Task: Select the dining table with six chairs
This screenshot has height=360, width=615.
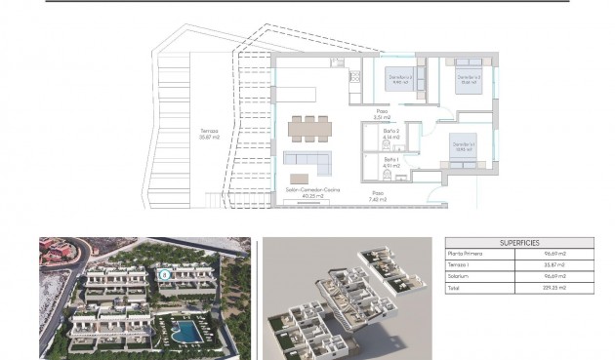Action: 309,129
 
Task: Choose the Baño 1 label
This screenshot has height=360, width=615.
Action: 390,163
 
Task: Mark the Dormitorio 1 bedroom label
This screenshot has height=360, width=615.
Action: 463,147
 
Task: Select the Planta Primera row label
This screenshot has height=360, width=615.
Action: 465,254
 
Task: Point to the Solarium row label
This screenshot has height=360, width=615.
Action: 458,276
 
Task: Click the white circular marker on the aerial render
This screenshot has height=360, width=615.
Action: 165,274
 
